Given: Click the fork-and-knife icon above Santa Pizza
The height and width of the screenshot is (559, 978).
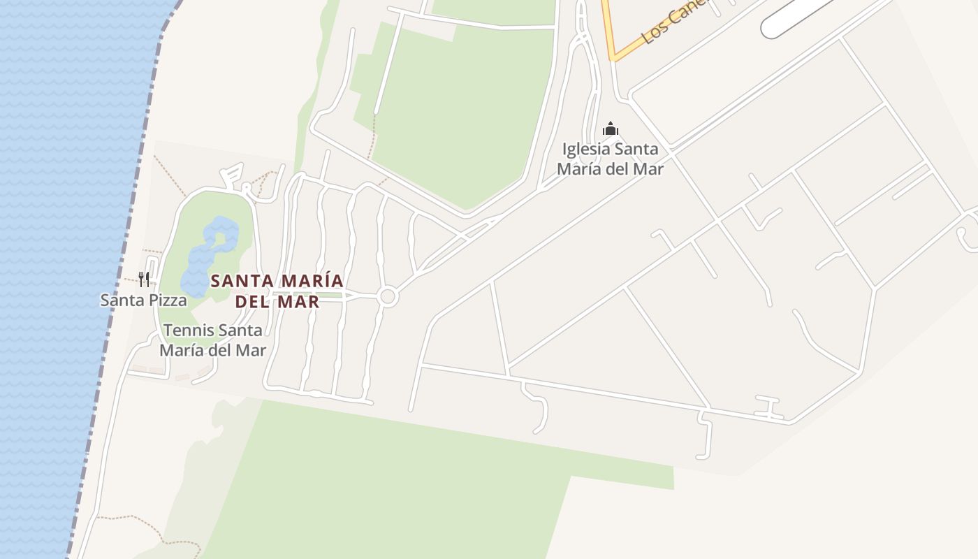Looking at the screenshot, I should (143, 279).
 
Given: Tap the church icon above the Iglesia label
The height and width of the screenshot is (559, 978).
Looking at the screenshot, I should (611, 129).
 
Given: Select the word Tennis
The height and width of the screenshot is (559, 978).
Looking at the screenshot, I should (189, 330).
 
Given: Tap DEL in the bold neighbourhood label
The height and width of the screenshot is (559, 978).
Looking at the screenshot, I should (252, 302).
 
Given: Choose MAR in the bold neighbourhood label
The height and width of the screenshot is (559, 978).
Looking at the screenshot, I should (299, 302).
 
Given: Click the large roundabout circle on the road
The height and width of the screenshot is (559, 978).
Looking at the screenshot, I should (388, 297).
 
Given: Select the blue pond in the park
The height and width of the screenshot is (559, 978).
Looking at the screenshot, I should (203, 262).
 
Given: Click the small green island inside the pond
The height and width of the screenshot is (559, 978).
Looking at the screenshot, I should (220, 240).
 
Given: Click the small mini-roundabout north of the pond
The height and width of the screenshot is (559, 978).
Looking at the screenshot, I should (246, 187).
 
